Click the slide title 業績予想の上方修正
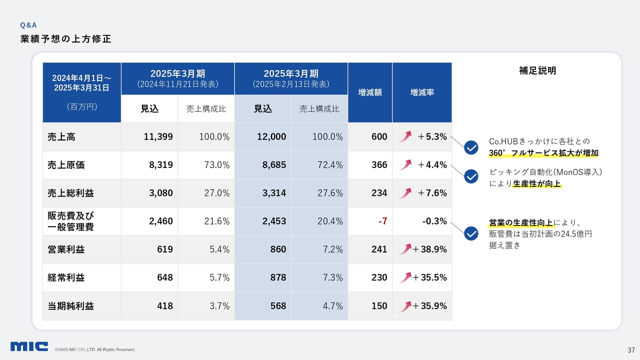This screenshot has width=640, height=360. tap(65, 39)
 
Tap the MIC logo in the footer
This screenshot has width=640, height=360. tap(29, 346)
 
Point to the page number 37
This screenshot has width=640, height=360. tap(631, 349)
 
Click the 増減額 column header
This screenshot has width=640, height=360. tap(370, 92)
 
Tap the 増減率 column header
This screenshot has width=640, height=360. tap(422, 92)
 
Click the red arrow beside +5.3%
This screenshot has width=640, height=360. tap(405, 136)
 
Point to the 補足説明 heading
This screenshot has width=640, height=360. tap(537, 71)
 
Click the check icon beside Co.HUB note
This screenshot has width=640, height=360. tap(471, 147)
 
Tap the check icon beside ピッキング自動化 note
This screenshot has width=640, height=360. tap(471, 176)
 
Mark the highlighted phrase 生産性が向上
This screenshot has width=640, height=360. tap(536, 184)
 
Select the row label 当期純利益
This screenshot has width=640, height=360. tap(64, 305)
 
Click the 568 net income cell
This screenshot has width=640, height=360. tap(278, 305)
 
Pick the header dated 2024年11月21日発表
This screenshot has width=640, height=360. tap(177, 78)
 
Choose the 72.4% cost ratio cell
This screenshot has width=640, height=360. tap(330, 164)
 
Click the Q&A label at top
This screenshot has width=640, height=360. tap(28, 24)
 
